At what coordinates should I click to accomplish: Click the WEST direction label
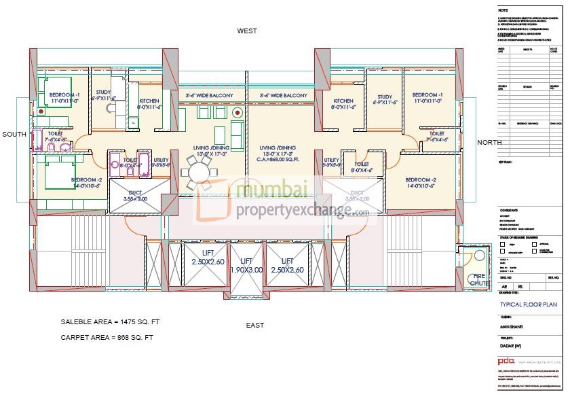pyautogui.click(x=247, y=31)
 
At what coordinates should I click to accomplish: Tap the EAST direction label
pyautogui.click(x=255, y=325)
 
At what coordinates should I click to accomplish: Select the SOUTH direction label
pyautogui.click(x=14, y=135)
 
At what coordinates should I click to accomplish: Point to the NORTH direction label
pyautogui.click(x=490, y=142)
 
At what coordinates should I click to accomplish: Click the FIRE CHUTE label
pyautogui.click(x=480, y=279)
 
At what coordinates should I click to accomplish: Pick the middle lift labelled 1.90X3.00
pyautogui.click(x=247, y=265)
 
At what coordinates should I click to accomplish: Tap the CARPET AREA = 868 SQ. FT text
pyautogui.click(x=107, y=337)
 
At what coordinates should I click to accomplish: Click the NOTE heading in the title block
pyautogui.click(x=503, y=10)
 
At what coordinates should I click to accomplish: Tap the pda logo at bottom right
pyautogui.click(x=506, y=360)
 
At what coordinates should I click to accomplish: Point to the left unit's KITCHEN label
pyautogui.click(x=149, y=101)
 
